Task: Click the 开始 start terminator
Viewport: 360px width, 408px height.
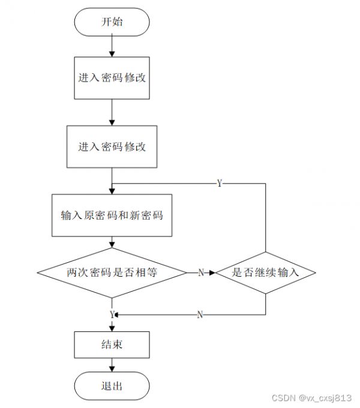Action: [112, 22]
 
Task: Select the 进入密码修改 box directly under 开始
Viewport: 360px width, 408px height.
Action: [112, 78]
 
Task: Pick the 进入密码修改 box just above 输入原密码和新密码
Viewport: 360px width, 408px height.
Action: [112, 147]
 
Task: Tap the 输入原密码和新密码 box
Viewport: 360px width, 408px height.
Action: [112, 215]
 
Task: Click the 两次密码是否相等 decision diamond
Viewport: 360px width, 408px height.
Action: [112, 272]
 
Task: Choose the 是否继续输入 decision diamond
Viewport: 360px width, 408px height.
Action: [266, 272]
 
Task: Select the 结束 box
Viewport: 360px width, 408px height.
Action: [112, 345]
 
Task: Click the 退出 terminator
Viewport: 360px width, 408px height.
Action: [112, 386]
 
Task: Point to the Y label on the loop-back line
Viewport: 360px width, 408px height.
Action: [220, 184]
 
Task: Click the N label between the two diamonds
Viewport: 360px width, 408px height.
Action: [201, 272]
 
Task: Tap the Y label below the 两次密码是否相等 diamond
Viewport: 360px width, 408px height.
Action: [112, 315]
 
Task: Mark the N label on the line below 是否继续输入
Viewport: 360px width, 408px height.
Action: [200, 315]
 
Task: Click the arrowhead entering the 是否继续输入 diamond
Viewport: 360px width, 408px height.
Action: [212, 272]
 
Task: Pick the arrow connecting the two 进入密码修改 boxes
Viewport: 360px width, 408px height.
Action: [112, 112]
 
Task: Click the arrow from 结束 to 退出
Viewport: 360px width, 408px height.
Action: [112, 365]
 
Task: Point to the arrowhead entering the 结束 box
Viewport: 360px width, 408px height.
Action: [112, 329]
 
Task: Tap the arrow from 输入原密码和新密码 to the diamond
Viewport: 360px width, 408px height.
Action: [112, 242]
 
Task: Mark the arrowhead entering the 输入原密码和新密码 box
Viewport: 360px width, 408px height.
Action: [112, 191]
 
